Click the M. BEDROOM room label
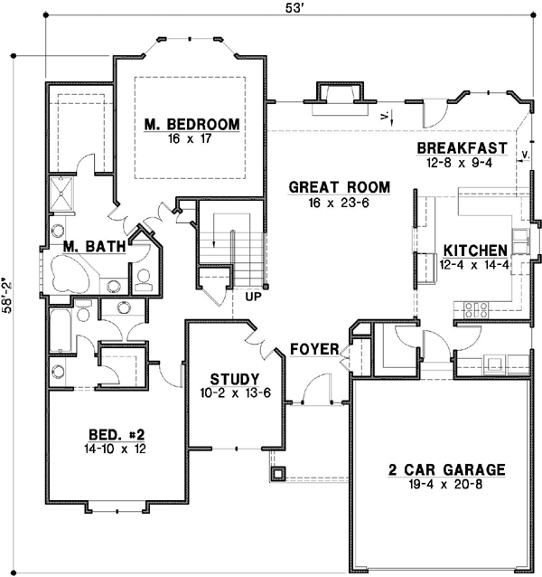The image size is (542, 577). pos(191,125)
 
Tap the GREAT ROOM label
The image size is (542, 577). pos(339,188)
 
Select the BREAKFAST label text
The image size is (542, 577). pos(460,148)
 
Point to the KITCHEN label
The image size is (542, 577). pos(474,251)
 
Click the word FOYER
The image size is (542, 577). pos(314,349)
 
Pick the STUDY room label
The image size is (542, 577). pos(235,379)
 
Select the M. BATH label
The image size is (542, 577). pos(94,246)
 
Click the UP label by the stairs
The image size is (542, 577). pos(252,295)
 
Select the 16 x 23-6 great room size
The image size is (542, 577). pos(339,203)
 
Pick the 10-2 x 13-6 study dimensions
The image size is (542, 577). pos(235,393)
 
